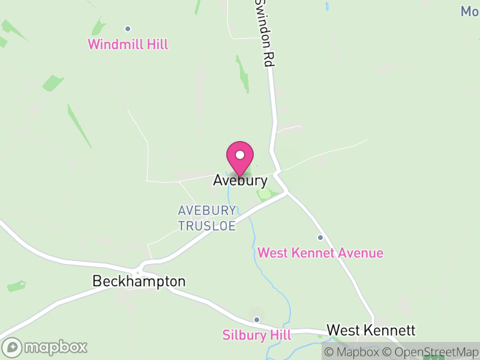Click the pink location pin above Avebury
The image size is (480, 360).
pyautogui.click(x=240, y=158)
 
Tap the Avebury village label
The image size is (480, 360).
pyautogui.click(x=240, y=180)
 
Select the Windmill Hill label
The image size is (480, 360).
pyautogui.click(x=128, y=44)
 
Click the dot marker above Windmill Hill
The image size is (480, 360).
pyautogui.click(x=128, y=28)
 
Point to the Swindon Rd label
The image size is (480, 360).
pyautogui.click(x=265, y=33)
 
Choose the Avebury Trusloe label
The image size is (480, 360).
pyautogui.click(x=207, y=218)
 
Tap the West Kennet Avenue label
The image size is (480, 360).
pyautogui.click(x=320, y=253)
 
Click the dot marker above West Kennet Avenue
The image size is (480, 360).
pyautogui.click(x=320, y=238)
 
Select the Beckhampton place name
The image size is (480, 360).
pyautogui.click(x=139, y=281)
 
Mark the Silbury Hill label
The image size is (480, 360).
pyautogui.click(x=256, y=335)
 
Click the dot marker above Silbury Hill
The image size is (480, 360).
pyautogui.click(x=257, y=319)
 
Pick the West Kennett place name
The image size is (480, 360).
pyautogui.click(x=371, y=331)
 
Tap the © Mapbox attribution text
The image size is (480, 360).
pyautogui.click(x=351, y=352)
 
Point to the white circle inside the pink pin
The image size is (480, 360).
pyautogui.click(x=240, y=155)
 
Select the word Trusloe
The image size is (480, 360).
pyautogui.click(x=207, y=226)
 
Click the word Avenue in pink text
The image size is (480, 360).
pyautogui.click(x=360, y=253)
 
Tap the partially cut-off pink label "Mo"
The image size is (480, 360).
pyautogui.click(x=469, y=11)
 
